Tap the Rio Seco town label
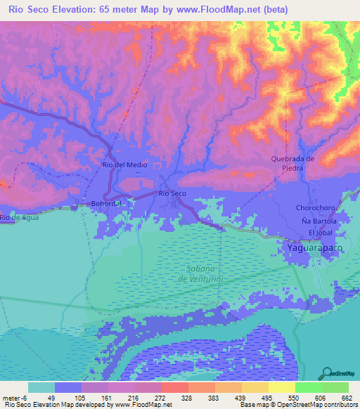[x=172, y=193]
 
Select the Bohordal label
[x=107, y=204]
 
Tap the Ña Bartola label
[x=319, y=221]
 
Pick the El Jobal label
[x=319, y=232]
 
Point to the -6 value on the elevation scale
[x=24, y=397]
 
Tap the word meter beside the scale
[x=11, y=397]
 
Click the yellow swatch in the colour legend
[x=282, y=387]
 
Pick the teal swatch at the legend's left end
[x=41, y=387]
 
